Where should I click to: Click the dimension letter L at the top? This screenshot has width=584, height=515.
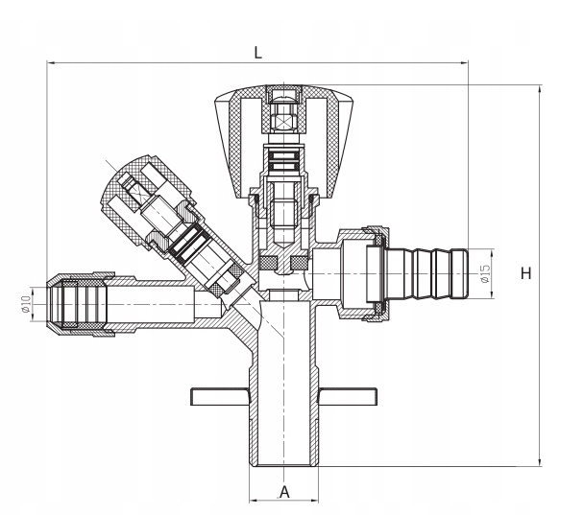coord(257,54)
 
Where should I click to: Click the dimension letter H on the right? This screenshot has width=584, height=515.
coord(525,273)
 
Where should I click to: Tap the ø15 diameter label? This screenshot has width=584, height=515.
coord(485,273)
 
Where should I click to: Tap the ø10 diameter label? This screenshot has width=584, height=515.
coord(26,306)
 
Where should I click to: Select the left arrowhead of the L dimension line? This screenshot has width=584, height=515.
coord(51,64)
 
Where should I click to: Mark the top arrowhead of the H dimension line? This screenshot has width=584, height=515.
coord(539,88)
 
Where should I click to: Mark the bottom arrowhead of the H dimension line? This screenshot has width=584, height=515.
coord(539,462)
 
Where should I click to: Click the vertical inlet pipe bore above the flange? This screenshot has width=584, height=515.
coord(284,345)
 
